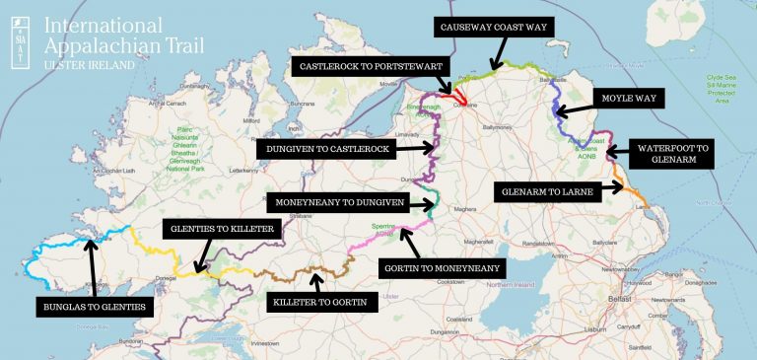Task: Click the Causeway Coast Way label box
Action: pos(499,27)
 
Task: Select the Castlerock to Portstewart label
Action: pos(371,67)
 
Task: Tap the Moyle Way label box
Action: pos(632,99)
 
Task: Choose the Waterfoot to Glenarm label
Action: pos(672,154)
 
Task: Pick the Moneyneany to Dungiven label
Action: pos(336,204)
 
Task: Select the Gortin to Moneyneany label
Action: pos(442,266)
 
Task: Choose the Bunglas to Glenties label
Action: pos(94,307)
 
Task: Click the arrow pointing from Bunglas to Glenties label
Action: pos(91,266)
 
